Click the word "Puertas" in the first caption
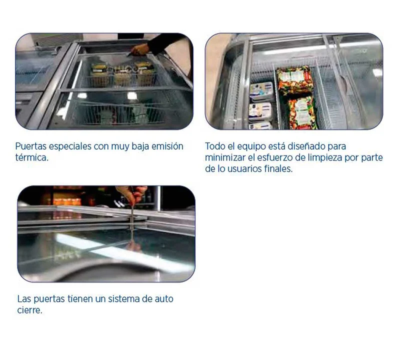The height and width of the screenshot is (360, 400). click(30, 146)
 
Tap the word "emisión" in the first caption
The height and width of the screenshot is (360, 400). click(167, 146)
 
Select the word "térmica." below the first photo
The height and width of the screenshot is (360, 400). click(31, 157)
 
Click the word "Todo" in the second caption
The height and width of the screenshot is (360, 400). click(215, 146)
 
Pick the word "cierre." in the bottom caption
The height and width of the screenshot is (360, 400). click(29, 310)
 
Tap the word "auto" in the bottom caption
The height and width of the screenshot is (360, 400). click(164, 299)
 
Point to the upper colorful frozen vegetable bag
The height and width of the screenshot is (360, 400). click(294, 80)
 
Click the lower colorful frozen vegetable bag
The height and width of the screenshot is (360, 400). click(302, 113)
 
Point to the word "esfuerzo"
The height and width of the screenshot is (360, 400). click(274, 157)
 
